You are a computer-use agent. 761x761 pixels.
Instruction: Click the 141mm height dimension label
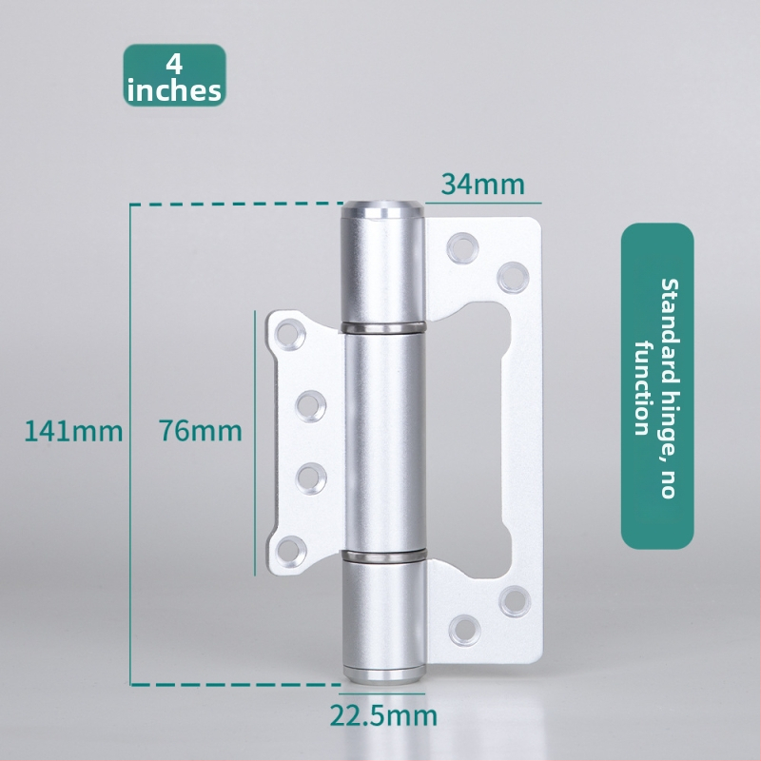click(74, 431)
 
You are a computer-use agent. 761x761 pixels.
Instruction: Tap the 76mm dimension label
click(201, 431)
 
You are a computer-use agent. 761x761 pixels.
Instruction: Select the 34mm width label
click(483, 185)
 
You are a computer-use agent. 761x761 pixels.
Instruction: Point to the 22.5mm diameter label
click(383, 715)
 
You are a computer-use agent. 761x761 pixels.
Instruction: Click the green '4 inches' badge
click(175, 75)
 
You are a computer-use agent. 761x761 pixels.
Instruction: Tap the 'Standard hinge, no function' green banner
click(657, 386)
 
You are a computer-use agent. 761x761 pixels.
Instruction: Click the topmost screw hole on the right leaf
click(463, 247)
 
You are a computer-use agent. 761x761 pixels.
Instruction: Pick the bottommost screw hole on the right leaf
click(465, 630)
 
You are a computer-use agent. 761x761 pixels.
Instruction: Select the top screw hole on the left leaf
click(290, 335)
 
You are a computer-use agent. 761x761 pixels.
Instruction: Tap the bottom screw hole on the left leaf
click(291, 552)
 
